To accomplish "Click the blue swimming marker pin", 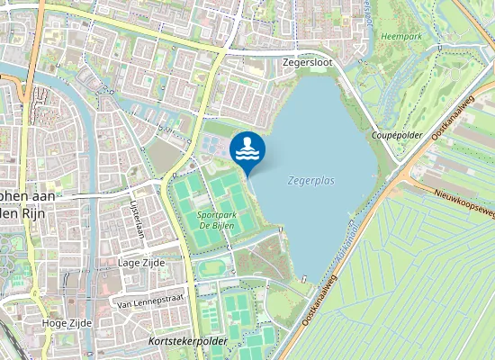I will pyautogui.click(x=247, y=150).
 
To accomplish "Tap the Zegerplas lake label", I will pyautogui.click(x=311, y=180).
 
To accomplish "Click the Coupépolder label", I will pyautogui.click(x=397, y=134).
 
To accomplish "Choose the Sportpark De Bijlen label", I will pyautogui.click(x=216, y=220).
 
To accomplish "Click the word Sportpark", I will pyautogui.click(x=216, y=214).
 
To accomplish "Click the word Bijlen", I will pyautogui.click(x=224, y=226).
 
